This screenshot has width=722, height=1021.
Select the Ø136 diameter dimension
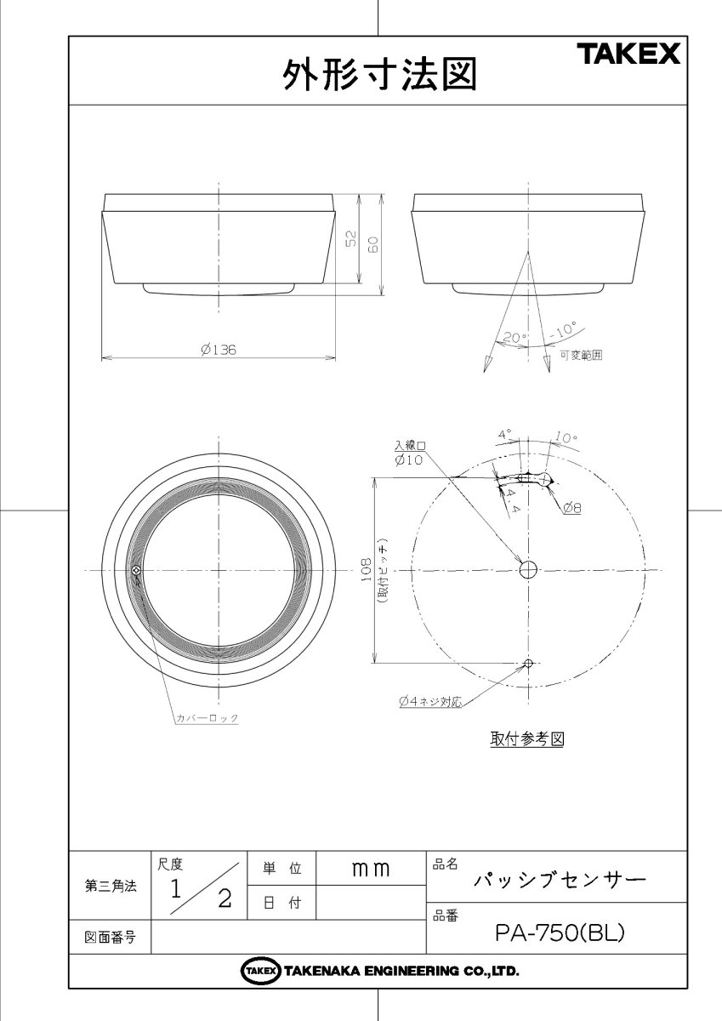[x=218, y=349]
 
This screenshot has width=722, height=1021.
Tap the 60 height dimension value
[x=372, y=242]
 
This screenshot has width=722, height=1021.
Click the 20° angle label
[x=513, y=338]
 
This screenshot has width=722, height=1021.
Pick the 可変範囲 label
[x=581, y=356]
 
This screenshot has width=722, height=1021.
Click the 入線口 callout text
[x=409, y=445]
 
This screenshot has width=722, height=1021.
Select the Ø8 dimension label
[x=571, y=508]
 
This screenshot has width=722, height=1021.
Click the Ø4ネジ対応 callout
[x=429, y=702]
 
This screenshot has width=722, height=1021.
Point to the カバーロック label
[x=207, y=718]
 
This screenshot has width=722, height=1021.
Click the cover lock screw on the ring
[x=138, y=569]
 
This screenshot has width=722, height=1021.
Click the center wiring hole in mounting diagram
[x=528, y=568]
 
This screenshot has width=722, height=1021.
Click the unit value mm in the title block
[x=370, y=869]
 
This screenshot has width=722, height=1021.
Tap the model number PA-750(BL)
[x=560, y=933]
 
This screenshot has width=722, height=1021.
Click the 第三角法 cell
[x=110, y=885]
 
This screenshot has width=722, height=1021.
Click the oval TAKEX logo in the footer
[x=261, y=971]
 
